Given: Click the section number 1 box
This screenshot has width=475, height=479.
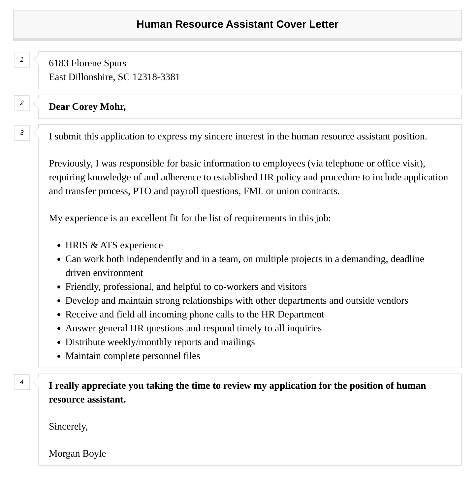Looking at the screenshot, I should tap(22, 60).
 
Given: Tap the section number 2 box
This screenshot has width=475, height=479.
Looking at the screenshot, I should tap(22, 103).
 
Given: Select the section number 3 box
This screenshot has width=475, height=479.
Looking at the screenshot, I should tap(22, 133).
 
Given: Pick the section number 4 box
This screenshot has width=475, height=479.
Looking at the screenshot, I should tap(22, 382).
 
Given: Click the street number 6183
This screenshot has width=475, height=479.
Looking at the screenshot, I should tap(59, 63).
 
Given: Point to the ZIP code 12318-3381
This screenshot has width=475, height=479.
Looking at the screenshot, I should tap(156, 77).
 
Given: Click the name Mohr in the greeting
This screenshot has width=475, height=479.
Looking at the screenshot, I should tap(113, 107).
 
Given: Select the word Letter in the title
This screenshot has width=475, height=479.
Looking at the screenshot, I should tap(324, 24).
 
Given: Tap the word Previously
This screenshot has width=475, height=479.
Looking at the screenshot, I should tap(71, 164).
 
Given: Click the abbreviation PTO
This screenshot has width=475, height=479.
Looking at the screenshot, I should tap(142, 191).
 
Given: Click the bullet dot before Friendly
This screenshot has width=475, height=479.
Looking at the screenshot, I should tap(59, 287).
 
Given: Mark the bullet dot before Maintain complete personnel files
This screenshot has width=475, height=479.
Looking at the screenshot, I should tap(59, 356).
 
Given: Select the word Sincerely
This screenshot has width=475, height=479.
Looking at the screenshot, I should tap(68, 427).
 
